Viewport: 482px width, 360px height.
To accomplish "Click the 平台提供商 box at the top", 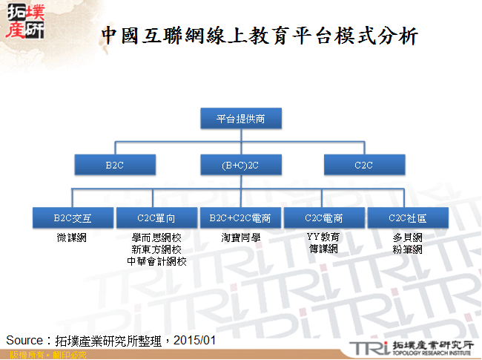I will click(x=240, y=118).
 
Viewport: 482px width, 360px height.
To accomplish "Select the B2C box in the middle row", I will click(x=114, y=165).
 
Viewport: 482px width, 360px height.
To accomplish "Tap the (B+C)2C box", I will click(x=240, y=165).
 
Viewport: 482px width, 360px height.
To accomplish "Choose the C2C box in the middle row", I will click(x=364, y=165).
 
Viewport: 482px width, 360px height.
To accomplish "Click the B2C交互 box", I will click(x=72, y=218).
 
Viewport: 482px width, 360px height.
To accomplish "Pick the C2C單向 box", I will click(x=156, y=218).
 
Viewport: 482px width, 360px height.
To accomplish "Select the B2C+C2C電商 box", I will click(x=240, y=218).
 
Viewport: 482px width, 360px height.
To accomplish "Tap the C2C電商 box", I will click(x=323, y=218).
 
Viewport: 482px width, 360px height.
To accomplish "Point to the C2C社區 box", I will click(x=407, y=218).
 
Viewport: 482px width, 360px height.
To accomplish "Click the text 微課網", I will click(x=72, y=238).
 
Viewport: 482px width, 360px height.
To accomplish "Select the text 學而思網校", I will click(x=156, y=238).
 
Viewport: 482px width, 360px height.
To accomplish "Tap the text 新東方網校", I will click(x=156, y=249).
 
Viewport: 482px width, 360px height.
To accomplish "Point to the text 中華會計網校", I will click(x=156, y=261).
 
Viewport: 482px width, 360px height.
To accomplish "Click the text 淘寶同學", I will click(x=240, y=238).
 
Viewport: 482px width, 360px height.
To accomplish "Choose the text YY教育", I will click(x=323, y=238).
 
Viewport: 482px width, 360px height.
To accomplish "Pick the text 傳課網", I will click(x=323, y=249).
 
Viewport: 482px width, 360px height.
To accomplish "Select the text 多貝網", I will click(x=407, y=238).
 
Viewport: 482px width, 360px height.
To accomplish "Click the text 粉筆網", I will click(x=407, y=249).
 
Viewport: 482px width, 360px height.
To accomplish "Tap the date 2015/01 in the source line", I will click(x=197, y=340).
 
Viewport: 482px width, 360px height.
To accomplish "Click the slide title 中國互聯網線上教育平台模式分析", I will click(x=260, y=35).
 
